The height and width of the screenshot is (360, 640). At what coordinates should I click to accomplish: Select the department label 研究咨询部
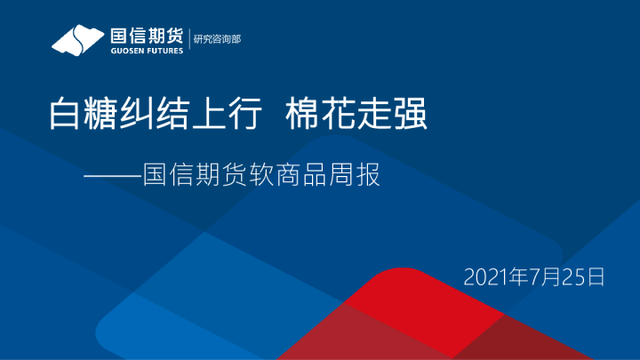point(218,39)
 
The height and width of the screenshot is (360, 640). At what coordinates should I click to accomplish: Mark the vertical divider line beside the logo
point(189,41)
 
